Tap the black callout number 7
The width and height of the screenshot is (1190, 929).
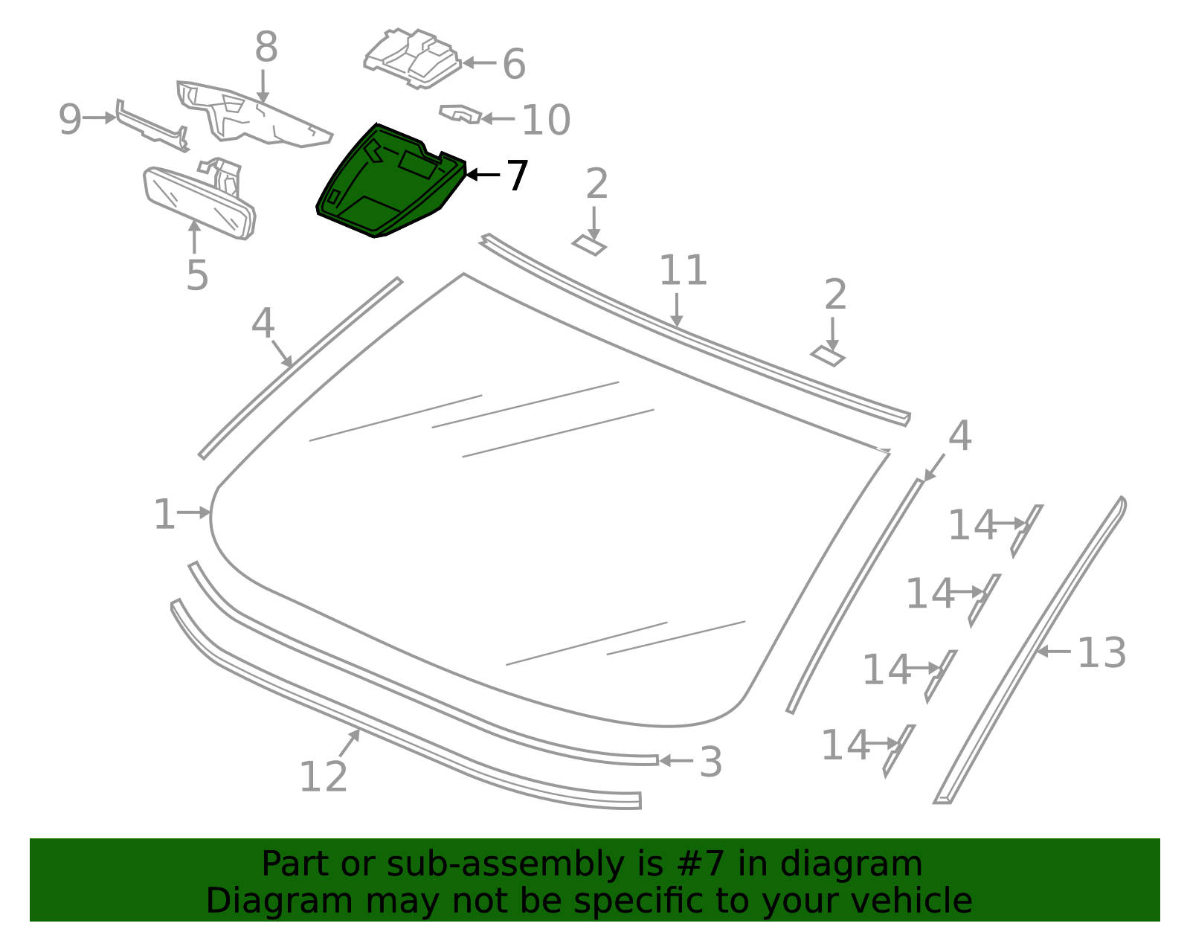pyautogui.click(x=516, y=176)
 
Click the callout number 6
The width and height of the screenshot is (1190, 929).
pyautogui.click(x=514, y=64)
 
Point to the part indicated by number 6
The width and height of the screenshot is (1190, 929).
pyautogui.click(x=413, y=58)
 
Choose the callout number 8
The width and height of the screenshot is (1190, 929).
pyautogui.click(x=266, y=47)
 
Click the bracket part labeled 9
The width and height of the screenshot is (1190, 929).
pyautogui.click(x=152, y=126)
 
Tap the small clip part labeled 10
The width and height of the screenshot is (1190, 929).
pyautogui.click(x=460, y=114)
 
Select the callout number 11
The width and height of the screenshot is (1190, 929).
pyautogui.click(x=683, y=270)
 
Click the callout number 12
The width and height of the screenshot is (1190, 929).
pyautogui.click(x=323, y=777)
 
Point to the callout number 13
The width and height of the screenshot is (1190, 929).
pyautogui.click(x=1101, y=652)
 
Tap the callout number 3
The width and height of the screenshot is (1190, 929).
pyautogui.click(x=711, y=762)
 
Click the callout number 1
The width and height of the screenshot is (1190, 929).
pyautogui.click(x=164, y=514)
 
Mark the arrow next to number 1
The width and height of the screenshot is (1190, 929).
pyautogui.click(x=194, y=513)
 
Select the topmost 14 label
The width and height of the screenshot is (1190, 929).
pyautogui.click(x=971, y=525)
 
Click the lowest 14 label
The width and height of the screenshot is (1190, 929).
pyautogui.click(x=845, y=745)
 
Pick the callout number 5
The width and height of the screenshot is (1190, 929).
pyautogui.click(x=197, y=275)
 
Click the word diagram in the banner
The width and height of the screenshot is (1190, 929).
pyautogui.click(x=851, y=864)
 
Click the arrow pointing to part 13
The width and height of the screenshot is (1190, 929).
pyautogui.click(x=1054, y=652)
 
